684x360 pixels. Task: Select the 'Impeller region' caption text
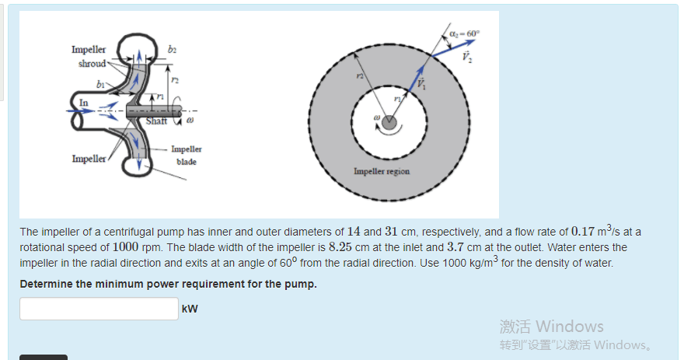(382, 171)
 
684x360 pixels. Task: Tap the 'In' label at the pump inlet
(84, 101)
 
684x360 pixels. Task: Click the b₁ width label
(100, 82)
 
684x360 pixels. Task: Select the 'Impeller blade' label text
(186, 155)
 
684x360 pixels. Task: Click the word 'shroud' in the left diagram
(92, 63)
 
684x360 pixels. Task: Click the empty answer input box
(99, 309)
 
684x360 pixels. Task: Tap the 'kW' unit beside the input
(190, 309)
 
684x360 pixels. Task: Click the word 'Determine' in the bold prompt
(46, 283)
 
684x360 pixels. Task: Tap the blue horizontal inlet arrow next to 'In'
(78, 110)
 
